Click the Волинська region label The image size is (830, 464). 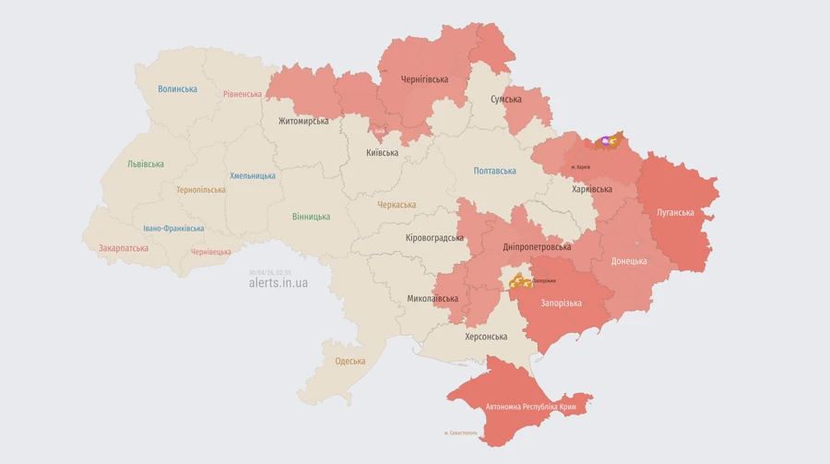point(177,89)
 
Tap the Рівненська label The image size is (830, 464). point(243,94)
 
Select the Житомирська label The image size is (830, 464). point(303,121)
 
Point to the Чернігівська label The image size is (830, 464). point(424,79)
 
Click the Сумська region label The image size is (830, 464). point(506,99)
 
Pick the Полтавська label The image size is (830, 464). point(494,171)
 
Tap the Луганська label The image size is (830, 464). point(675,212)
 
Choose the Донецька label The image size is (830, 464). point(629,261)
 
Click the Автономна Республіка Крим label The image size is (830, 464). point(531,407)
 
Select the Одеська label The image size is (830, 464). point(350,362)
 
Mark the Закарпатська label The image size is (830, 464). point(124,248)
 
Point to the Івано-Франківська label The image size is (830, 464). point(173,229)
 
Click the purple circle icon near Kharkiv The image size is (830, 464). point(605,141)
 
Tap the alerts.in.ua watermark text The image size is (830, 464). point(279,283)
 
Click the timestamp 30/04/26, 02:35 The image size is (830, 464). point(269,272)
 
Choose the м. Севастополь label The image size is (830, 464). point(460,433)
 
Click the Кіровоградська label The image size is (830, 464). point(434,238)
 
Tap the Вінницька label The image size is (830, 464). point(311,217)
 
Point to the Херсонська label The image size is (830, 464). point(486,337)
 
